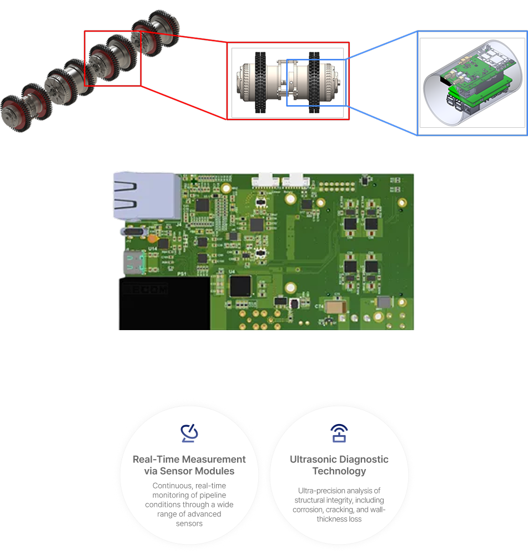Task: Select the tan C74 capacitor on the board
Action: pos(335,307)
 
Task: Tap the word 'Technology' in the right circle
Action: pos(339,471)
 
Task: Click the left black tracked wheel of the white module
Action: pos(261,82)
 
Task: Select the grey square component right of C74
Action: pos(384,302)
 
